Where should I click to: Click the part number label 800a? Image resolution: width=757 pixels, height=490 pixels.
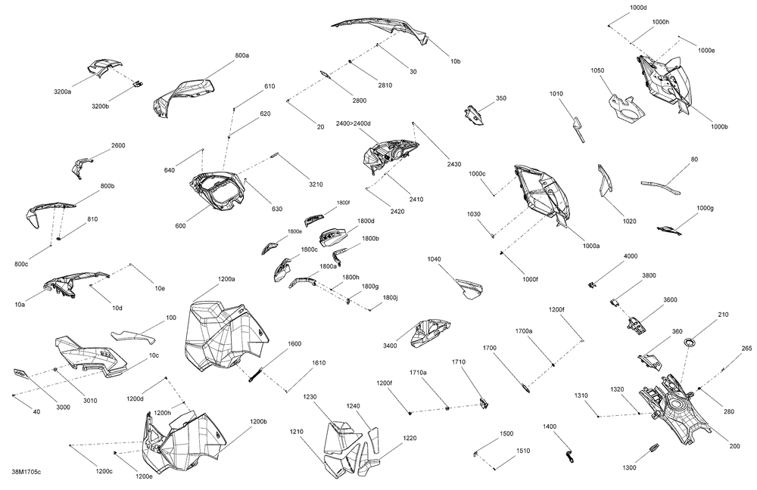(x=242, y=55)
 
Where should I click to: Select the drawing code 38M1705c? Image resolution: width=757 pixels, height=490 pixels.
(x=26, y=472)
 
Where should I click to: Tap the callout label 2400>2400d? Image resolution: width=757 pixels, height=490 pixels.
(x=354, y=123)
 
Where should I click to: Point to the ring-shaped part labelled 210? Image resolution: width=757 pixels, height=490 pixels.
(x=690, y=343)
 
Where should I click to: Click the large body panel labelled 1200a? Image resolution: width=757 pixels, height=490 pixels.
(x=225, y=337)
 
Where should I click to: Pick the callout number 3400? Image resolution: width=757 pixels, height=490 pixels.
(x=390, y=346)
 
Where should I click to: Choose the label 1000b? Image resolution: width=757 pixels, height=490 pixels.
(x=719, y=127)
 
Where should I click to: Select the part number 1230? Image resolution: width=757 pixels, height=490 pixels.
(x=310, y=397)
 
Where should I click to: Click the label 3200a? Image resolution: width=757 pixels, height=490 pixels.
(x=62, y=91)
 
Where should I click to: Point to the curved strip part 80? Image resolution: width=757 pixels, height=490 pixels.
(x=660, y=187)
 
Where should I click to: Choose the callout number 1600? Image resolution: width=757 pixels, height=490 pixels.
(x=294, y=344)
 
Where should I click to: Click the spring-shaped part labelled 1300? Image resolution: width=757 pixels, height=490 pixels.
(x=654, y=448)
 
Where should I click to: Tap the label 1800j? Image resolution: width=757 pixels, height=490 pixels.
(x=390, y=298)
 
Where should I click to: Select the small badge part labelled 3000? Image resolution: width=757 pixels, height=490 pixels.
(x=20, y=373)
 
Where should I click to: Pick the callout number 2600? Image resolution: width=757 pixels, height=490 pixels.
(x=118, y=145)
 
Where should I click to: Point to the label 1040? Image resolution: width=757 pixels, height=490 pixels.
(x=434, y=259)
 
